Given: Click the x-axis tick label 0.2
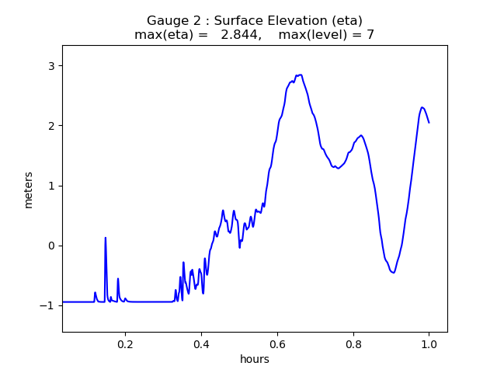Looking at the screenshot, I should (125, 344).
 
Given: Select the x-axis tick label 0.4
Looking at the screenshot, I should (201, 344).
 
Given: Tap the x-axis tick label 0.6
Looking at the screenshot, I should (277, 344).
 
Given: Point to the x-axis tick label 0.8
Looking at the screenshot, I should (353, 344).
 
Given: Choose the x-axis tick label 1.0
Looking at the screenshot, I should (429, 344).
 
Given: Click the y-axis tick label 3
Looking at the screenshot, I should (51, 66).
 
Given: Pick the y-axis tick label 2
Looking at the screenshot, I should (51, 126).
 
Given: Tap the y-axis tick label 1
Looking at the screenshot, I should (51, 186).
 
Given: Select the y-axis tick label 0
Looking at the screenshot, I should (51, 246).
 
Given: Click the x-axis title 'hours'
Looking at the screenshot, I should (255, 360).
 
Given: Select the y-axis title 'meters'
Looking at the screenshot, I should (29, 190).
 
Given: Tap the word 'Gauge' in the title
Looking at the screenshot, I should (168, 20).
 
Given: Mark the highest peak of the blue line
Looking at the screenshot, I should (299, 75).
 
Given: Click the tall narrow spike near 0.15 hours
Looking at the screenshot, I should (106, 238).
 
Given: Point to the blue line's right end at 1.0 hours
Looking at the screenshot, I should (429, 123).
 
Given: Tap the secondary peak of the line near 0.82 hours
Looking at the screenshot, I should (361, 135).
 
